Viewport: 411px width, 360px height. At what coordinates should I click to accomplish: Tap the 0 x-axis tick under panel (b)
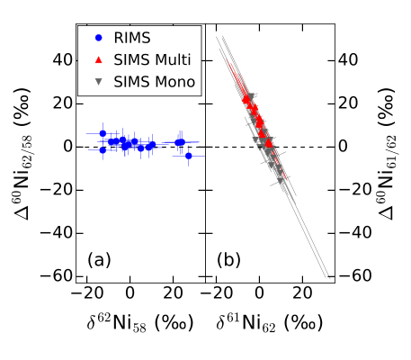click(259, 293)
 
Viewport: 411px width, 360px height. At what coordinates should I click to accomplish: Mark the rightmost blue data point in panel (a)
click(188, 156)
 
